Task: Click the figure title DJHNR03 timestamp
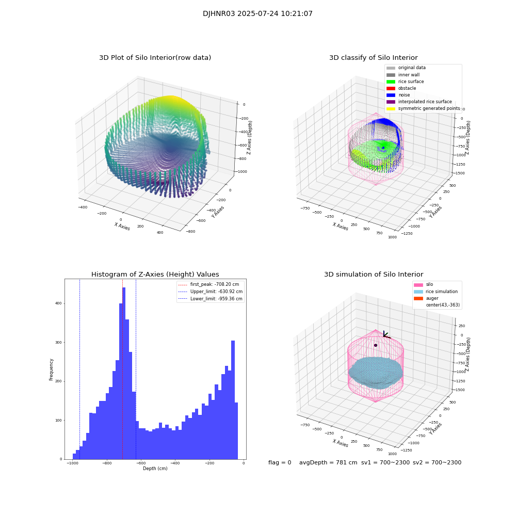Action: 257,14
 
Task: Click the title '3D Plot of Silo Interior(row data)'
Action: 155,58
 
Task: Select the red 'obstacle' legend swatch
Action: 391,88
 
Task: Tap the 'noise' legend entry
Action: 404,95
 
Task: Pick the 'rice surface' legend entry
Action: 411,82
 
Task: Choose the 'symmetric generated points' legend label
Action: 429,108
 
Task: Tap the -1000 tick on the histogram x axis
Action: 73,463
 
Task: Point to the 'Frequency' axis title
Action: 51,369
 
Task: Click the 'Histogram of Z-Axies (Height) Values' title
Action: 155,275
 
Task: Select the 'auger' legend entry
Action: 432,298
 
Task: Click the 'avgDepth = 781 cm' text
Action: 328,463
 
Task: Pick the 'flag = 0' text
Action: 280,463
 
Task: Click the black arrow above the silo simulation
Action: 385,335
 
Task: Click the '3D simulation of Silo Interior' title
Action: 374,275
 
